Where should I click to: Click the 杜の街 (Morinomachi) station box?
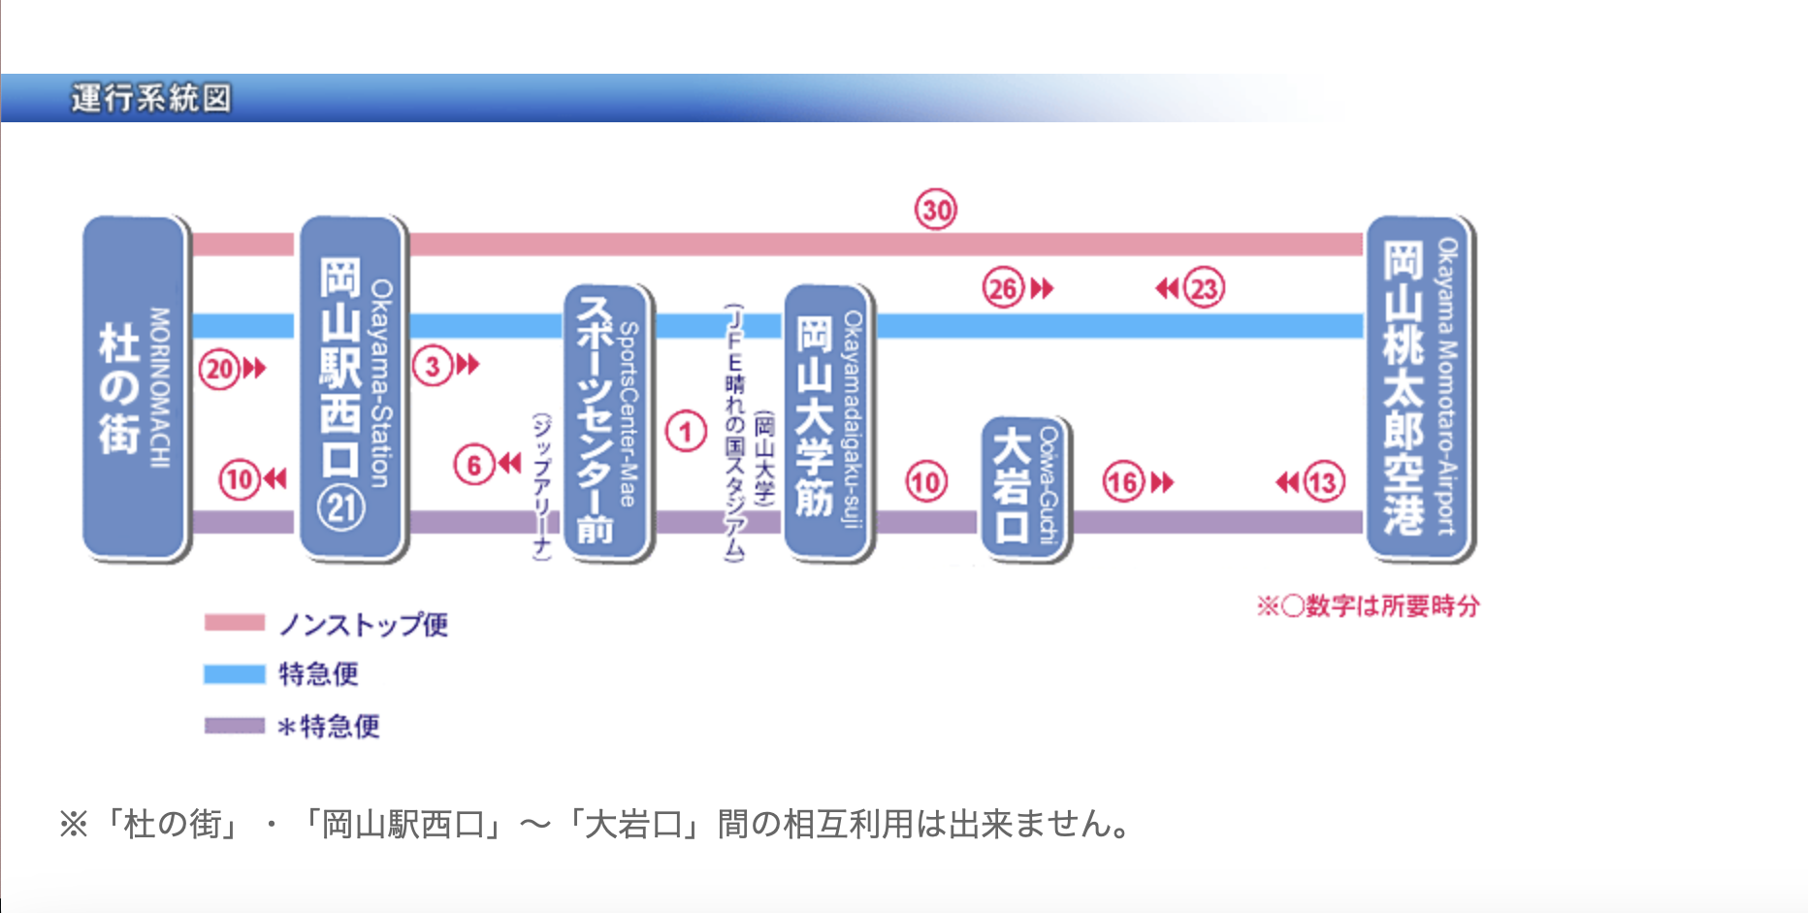click(135, 388)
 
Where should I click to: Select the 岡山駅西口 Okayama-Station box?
click(352, 388)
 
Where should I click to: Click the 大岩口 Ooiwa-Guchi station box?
click(1024, 488)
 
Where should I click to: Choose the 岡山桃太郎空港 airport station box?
click(1419, 388)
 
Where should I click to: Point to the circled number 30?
click(936, 210)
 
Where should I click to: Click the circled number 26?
click(1004, 288)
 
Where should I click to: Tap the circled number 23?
click(1204, 288)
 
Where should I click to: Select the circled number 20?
click(219, 369)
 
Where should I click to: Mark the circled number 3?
click(433, 366)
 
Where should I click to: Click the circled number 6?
click(474, 465)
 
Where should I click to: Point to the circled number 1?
click(686, 431)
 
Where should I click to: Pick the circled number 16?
click(1123, 482)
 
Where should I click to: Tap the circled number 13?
click(1323, 482)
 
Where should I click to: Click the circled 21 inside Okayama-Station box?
click(341, 507)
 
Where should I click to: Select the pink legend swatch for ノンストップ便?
click(234, 623)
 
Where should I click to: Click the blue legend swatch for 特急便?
click(234, 674)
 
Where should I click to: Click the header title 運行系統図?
click(151, 98)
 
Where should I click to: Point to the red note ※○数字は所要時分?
click(1368, 606)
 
